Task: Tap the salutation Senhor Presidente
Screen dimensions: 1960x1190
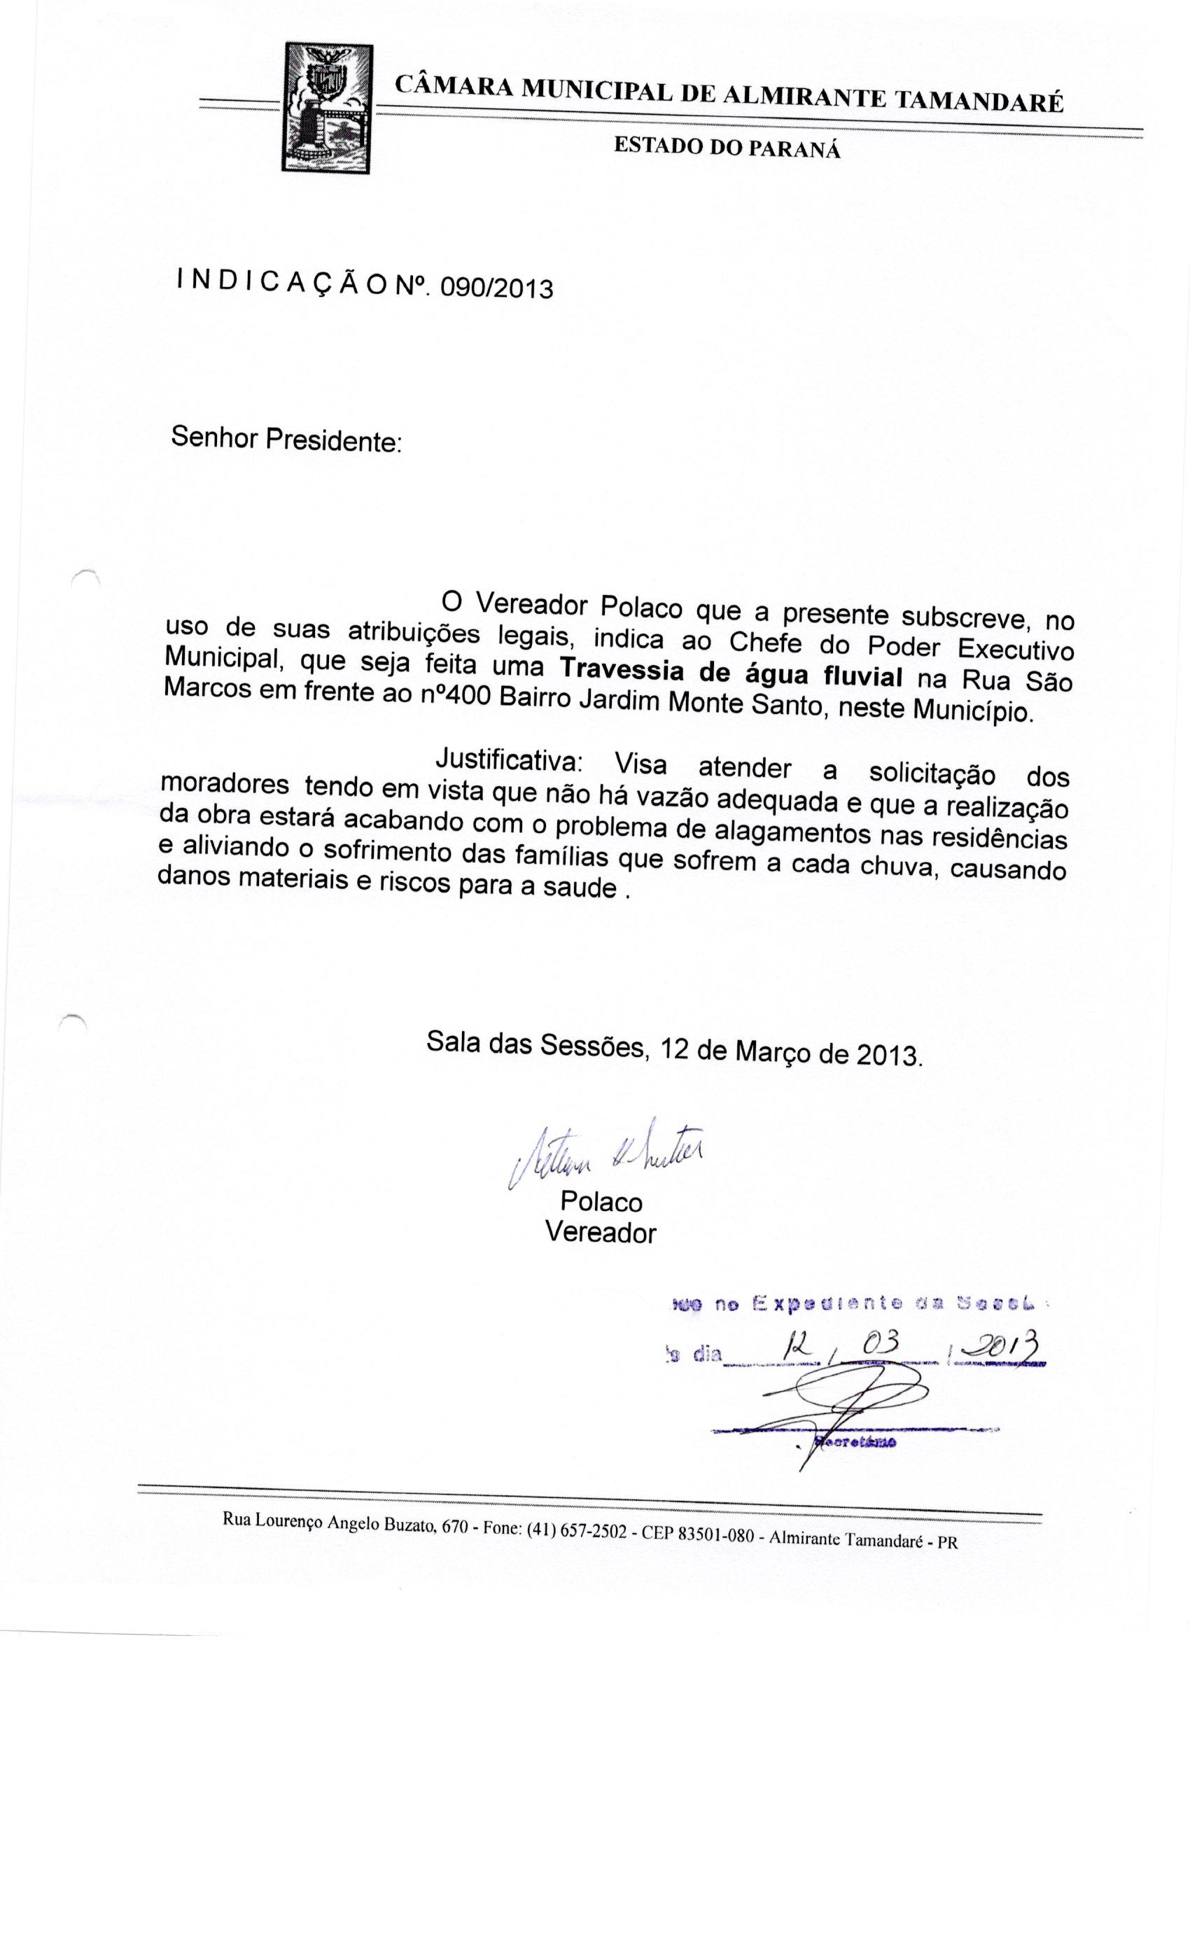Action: coord(286,439)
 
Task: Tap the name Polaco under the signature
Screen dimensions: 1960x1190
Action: coord(601,1201)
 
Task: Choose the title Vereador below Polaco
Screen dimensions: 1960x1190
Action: coord(601,1233)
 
